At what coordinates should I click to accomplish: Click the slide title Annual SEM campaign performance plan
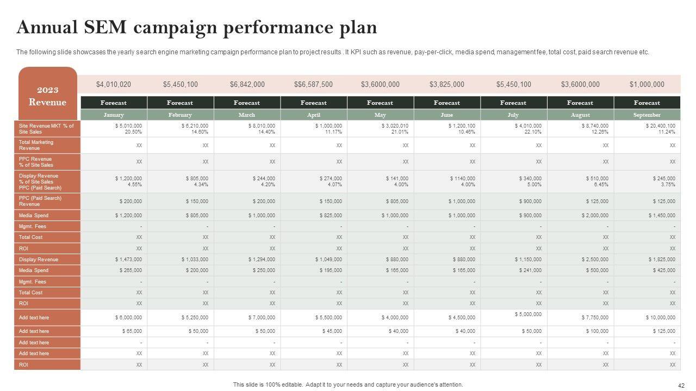pos(196,27)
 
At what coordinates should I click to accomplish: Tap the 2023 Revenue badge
pos(48,96)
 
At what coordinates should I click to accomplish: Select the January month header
pos(114,115)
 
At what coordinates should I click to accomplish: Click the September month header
pos(647,115)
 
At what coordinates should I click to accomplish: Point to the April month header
pos(314,115)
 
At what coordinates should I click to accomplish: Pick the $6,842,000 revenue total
pos(247,84)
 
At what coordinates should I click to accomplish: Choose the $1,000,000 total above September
pos(647,84)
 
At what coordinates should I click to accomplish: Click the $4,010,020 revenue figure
pos(114,84)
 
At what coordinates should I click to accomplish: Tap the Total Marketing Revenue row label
pos(36,145)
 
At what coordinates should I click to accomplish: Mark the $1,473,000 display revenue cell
pos(129,260)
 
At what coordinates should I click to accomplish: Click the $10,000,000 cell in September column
pos(661,318)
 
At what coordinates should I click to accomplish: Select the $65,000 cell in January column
pos(131,331)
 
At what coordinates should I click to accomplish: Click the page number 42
pos(681,386)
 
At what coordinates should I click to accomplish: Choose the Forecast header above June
pos(447,103)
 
